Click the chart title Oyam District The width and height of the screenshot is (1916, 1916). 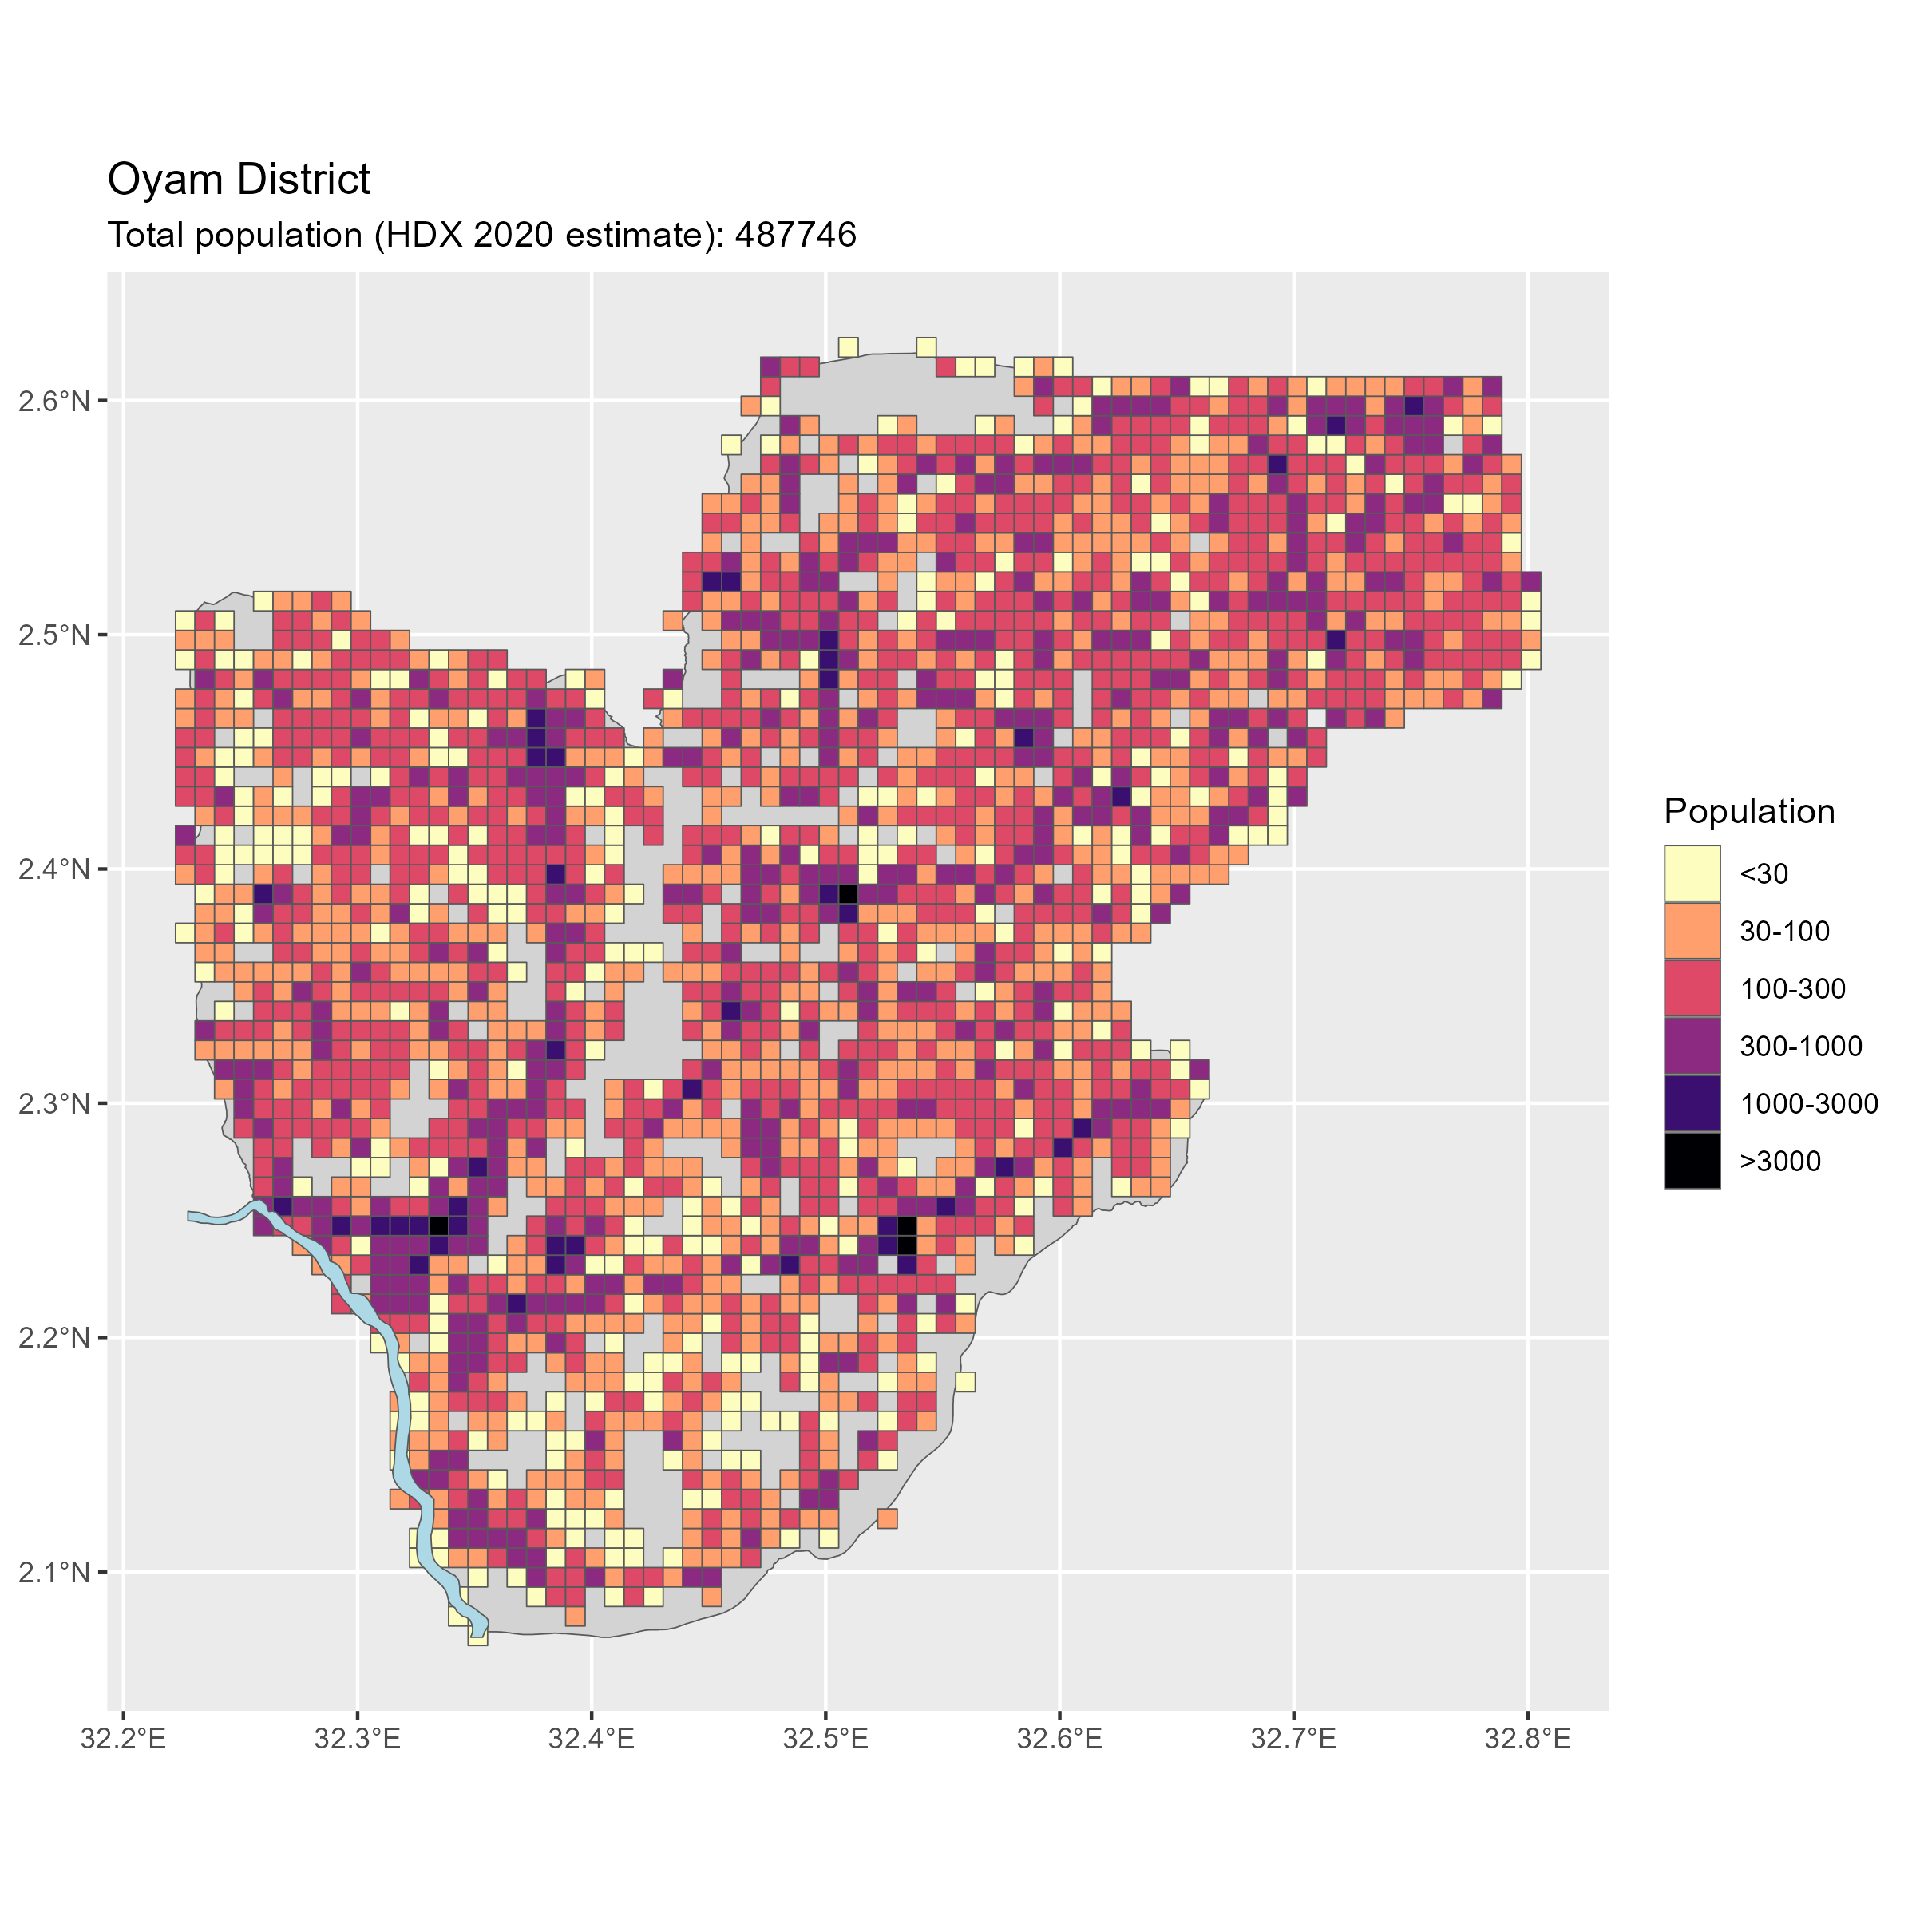[x=238, y=180]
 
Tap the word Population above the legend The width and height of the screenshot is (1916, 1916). [x=1748, y=811]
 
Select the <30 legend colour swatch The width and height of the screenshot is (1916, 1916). [x=1692, y=873]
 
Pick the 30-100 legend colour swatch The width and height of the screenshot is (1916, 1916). [x=1692, y=931]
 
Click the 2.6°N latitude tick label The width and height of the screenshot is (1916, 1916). [x=54, y=401]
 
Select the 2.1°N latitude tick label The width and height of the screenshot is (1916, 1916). [x=54, y=1571]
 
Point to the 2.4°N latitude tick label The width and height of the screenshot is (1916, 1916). [x=54, y=869]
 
